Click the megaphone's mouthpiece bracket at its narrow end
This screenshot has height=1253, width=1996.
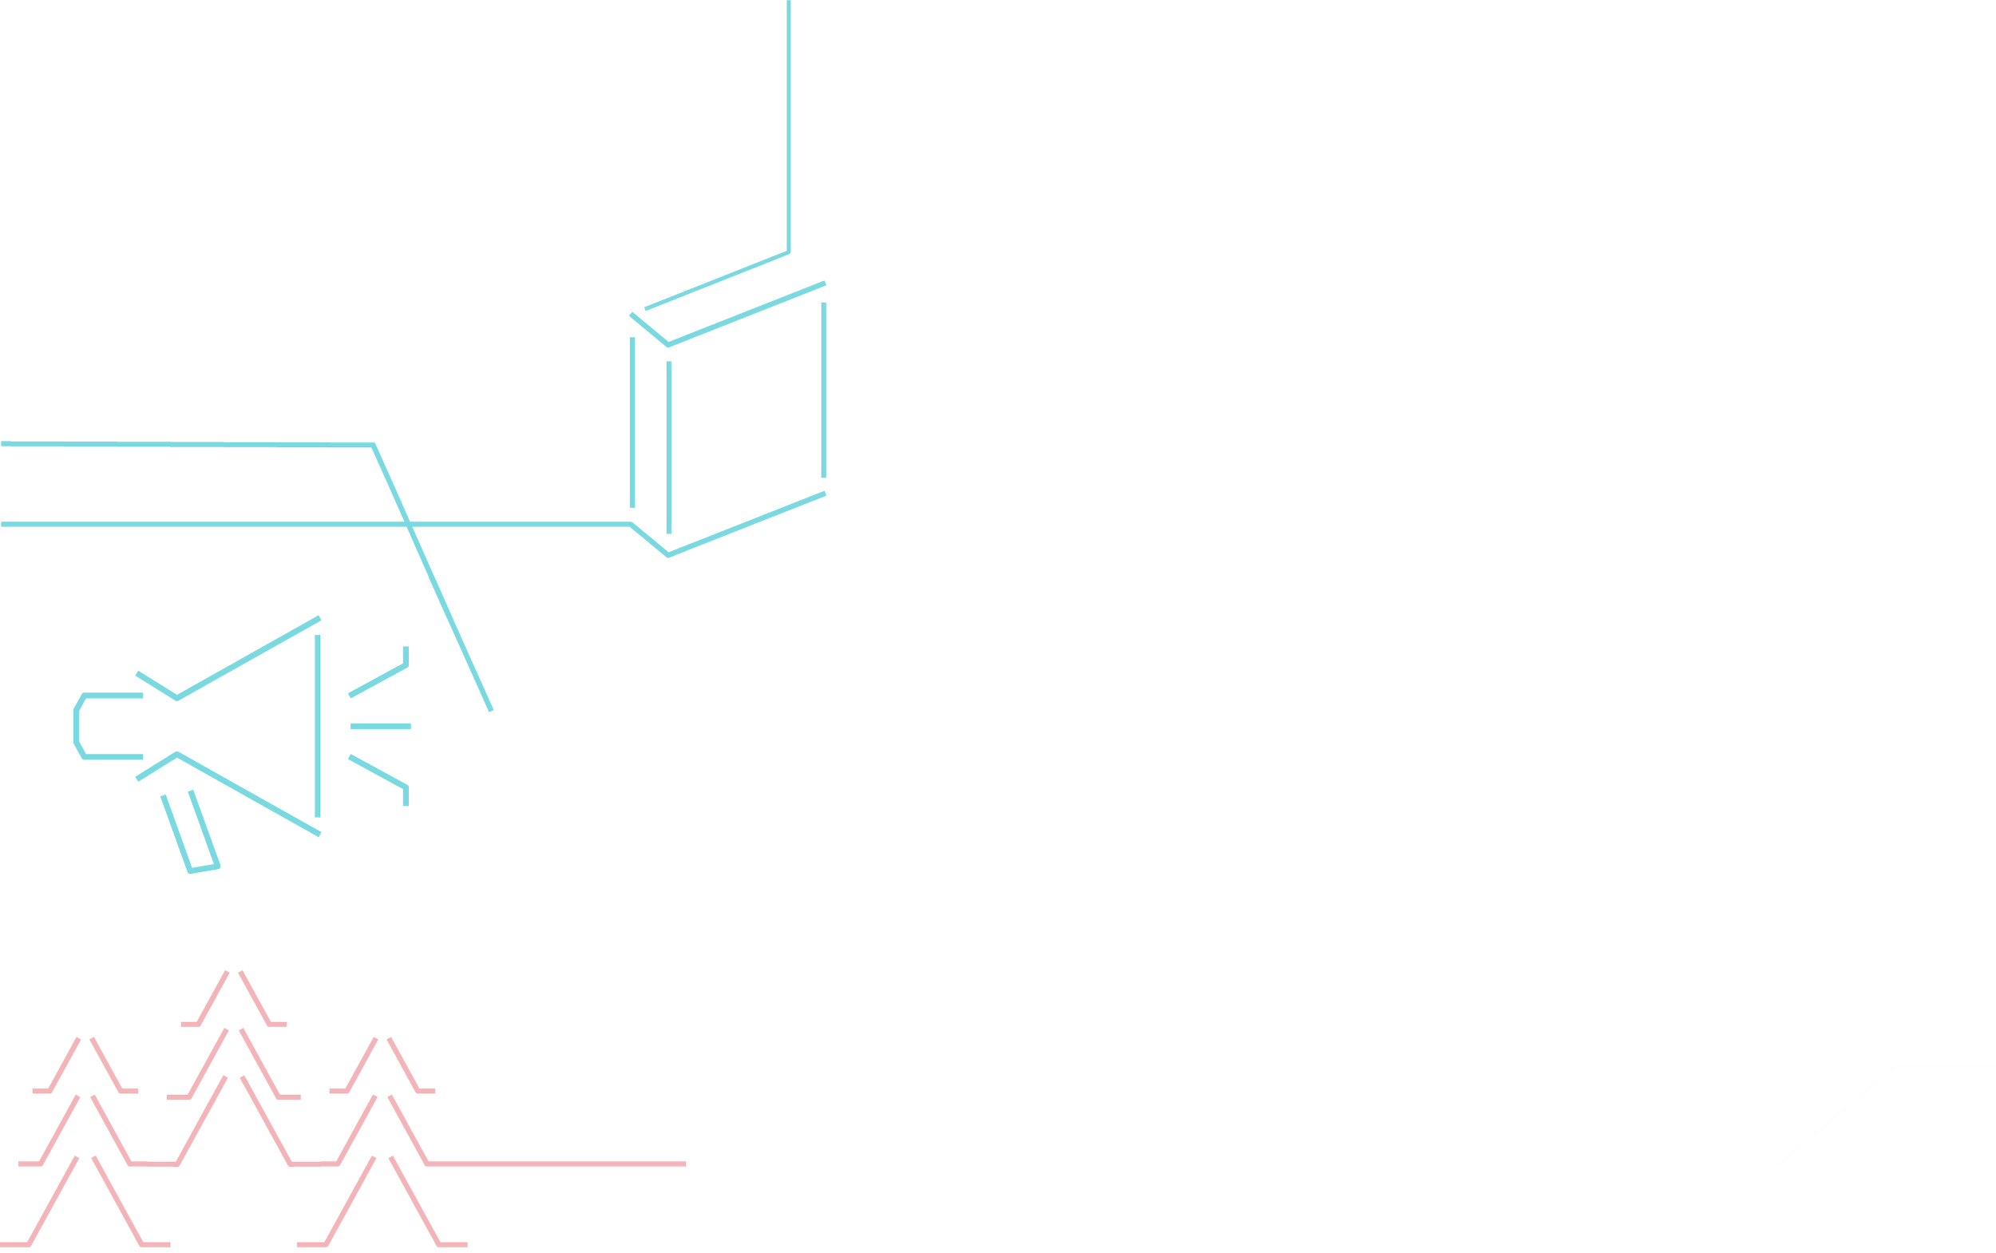[x=78, y=726]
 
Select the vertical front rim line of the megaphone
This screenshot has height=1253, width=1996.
[x=317, y=726]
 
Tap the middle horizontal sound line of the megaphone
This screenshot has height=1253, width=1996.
[x=380, y=727]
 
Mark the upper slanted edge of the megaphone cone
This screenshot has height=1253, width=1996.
[x=248, y=657]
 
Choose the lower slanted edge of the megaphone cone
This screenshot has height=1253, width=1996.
[x=248, y=794]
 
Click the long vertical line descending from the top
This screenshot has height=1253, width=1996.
[x=788, y=125]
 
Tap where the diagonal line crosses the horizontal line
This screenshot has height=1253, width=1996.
[x=408, y=524]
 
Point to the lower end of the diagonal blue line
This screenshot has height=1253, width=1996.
[x=490, y=709]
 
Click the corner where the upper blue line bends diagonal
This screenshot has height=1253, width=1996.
[x=374, y=445]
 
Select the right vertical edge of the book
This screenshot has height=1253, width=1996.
[x=824, y=390]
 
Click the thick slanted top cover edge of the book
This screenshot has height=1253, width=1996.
[x=746, y=313]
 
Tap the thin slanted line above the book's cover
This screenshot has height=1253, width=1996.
[x=717, y=280]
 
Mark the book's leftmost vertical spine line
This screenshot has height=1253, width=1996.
[x=632, y=422]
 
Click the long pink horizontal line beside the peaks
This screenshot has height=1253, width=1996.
[x=555, y=1164]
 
